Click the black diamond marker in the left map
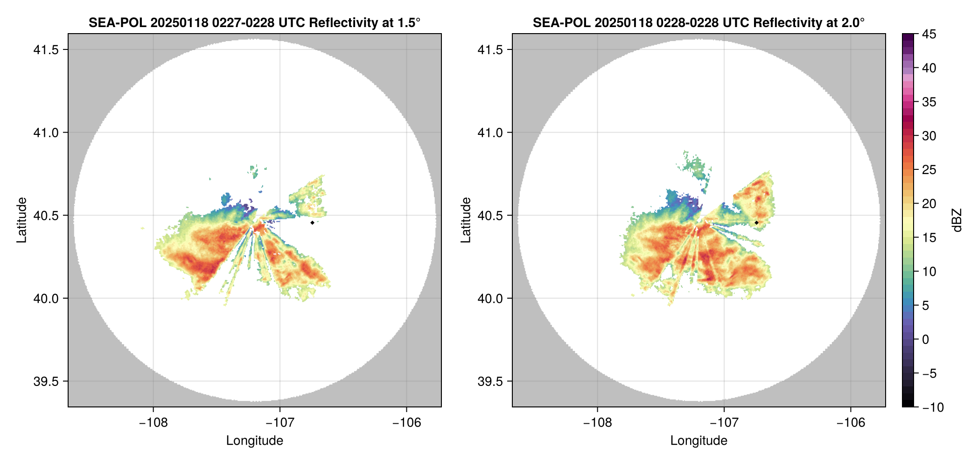click(312, 223)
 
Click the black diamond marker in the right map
click(756, 223)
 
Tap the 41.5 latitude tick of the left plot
click(46, 49)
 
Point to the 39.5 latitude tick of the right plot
click(490, 381)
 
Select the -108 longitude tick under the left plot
click(153, 422)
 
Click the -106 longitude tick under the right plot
click(851, 422)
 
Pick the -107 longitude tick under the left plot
click(280, 422)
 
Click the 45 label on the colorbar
click(929, 34)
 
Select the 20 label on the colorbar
click(929, 203)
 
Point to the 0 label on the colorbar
click(926, 339)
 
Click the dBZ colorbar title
click(957, 220)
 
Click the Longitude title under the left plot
click(255, 441)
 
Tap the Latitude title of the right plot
click(466, 220)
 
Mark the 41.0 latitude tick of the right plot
click(490, 133)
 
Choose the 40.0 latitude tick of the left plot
click(46, 298)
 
